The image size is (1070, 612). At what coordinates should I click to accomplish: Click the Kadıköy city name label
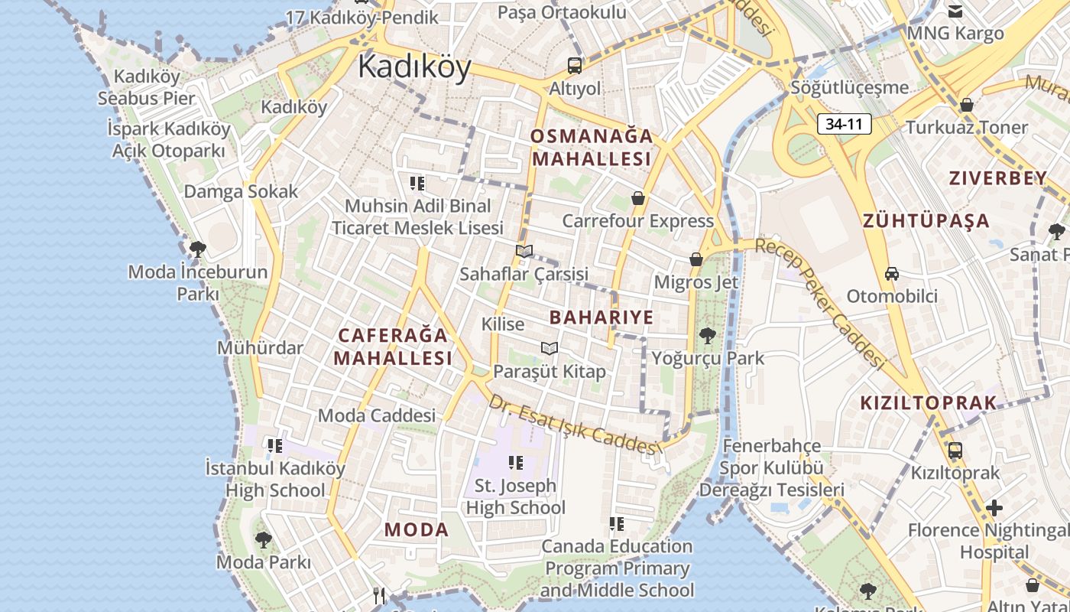tap(414, 67)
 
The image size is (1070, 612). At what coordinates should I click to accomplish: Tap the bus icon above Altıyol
tap(575, 66)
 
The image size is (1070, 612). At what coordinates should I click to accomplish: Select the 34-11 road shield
tap(844, 124)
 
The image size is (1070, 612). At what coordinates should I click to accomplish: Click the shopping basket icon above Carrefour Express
tap(638, 199)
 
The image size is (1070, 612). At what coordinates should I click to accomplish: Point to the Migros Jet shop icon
tap(695, 260)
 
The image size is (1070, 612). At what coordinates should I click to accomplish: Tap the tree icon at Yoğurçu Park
tap(707, 335)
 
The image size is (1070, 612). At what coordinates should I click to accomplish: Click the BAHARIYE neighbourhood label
tap(601, 317)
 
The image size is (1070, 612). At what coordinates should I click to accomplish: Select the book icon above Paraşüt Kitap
tap(549, 349)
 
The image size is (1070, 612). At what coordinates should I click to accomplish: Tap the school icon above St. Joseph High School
tap(515, 462)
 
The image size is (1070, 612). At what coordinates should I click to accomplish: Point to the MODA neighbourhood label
tap(416, 529)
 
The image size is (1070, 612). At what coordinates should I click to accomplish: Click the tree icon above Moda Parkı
tap(263, 540)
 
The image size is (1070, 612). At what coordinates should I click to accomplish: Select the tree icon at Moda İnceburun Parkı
tap(197, 249)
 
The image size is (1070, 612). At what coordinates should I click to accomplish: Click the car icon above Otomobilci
tap(891, 274)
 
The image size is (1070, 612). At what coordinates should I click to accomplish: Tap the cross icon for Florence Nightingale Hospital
tap(994, 507)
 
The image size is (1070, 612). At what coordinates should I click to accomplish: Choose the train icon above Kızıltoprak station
tap(955, 451)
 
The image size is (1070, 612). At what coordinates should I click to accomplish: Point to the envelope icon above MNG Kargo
tap(955, 11)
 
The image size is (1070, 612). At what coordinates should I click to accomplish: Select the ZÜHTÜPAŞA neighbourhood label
tap(926, 222)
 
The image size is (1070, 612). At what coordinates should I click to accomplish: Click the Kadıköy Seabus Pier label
tap(147, 87)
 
